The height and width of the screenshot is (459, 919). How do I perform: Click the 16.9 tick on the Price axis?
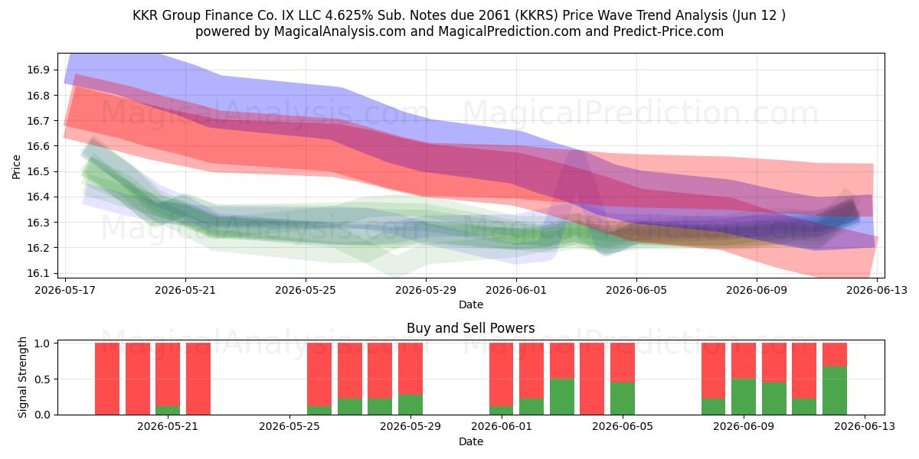coord(38,70)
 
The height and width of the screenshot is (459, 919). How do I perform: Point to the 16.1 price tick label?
coord(38,273)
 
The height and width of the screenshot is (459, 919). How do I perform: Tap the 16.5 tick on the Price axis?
coord(38,171)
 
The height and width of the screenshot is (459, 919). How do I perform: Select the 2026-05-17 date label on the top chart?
coord(65,290)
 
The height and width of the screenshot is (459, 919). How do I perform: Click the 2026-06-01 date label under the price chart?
coord(516,290)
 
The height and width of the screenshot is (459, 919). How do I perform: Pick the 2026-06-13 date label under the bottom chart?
coord(865,426)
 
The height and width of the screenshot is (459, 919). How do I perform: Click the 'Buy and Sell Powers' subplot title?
coord(470,328)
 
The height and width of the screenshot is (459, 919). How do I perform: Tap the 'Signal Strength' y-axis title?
coord(22,377)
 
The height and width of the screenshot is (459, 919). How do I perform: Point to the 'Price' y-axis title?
coord(16,167)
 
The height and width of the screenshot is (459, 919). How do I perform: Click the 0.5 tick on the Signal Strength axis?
coord(43,379)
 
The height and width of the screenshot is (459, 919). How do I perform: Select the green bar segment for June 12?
coord(835,391)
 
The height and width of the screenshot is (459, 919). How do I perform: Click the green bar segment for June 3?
coord(561,397)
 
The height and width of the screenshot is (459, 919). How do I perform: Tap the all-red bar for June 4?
coord(592,379)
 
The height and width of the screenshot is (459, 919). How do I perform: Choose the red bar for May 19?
coord(137,379)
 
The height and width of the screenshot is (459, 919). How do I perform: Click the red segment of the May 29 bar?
coord(410,369)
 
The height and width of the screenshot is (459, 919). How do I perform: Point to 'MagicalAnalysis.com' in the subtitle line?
coord(340,31)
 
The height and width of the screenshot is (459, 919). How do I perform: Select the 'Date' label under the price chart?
coord(470,304)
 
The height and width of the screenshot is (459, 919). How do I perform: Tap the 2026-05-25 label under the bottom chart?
coord(289,426)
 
